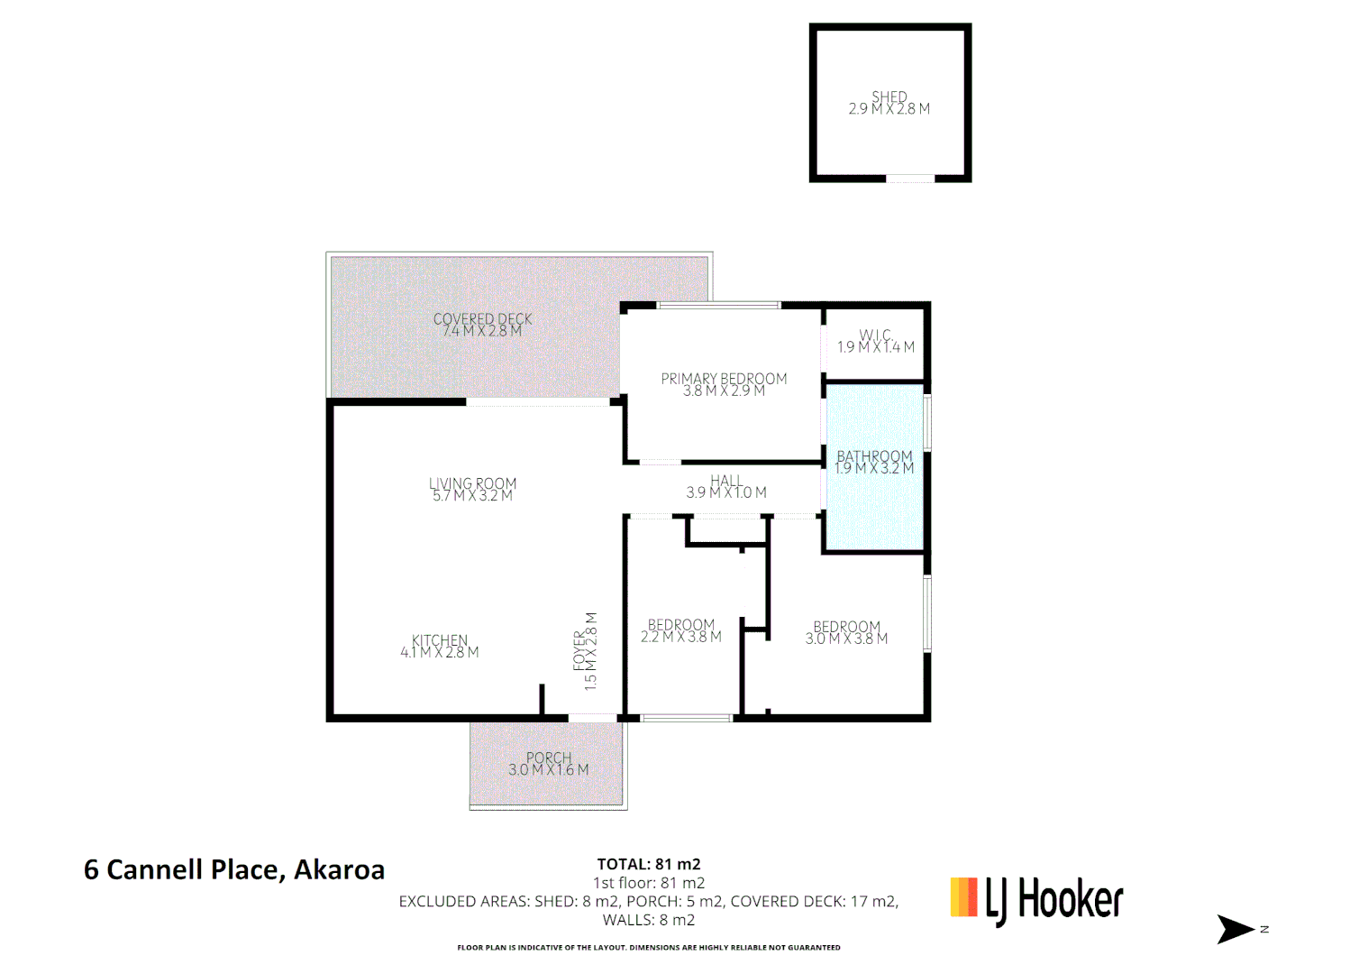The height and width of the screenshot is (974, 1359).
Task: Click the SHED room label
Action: (889, 97)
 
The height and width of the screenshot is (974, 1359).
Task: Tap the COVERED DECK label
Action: (482, 320)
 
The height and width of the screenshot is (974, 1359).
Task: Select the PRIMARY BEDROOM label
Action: (724, 380)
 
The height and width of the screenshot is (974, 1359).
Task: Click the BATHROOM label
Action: (874, 457)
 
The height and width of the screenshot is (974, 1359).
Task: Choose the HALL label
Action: (726, 482)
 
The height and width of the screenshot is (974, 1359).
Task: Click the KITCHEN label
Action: (440, 641)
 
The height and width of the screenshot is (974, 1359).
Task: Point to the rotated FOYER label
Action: (579, 650)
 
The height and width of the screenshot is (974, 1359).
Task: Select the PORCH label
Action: (549, 758)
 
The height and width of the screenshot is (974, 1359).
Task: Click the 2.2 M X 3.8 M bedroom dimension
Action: (681, 637)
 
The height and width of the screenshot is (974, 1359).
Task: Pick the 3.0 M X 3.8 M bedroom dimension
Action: (846, 639)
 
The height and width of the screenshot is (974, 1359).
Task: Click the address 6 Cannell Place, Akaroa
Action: (234, 869)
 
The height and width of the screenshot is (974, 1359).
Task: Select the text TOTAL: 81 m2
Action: (649, 864)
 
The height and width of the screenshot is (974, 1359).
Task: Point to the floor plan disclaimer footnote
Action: (649, 947)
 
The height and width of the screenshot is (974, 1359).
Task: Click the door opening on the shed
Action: (910, 179)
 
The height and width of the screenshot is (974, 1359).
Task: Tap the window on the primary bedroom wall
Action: (718, 306)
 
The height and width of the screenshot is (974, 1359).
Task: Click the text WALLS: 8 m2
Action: (649, 920)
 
